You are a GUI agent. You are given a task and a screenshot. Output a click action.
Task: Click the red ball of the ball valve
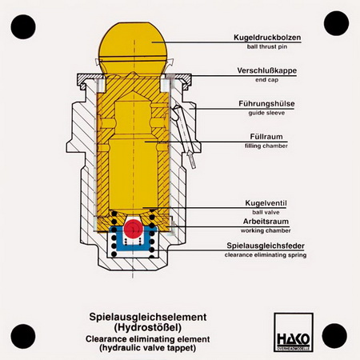[x=134, y=229]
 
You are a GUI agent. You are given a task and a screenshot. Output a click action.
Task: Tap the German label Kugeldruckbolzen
[x=267, y=38]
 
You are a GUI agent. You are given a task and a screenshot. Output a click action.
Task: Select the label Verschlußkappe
[x=267, y=70]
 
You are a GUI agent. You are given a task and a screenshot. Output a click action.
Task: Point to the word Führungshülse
[x=266, y=103]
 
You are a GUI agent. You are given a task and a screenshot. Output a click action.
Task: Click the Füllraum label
[x=266, y=137]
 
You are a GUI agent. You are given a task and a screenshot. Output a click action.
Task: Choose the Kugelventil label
[x=266, y=203]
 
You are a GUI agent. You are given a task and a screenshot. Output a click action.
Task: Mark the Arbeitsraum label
[x=266, y=222]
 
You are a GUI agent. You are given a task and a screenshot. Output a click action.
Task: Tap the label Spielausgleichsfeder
[x=266, y=246]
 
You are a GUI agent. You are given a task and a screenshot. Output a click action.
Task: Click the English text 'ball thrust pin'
[x=267, y=46]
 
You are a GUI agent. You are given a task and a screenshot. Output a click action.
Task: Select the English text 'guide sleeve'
[x=266, y=113]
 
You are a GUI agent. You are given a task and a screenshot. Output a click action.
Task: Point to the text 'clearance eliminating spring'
[x=266, y=255]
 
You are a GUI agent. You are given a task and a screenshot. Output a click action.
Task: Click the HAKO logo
[x=294, y=332]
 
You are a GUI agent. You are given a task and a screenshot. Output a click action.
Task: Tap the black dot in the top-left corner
[x=23, y=27]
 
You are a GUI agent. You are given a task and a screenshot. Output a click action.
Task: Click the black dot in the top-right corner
[x=336, y=23]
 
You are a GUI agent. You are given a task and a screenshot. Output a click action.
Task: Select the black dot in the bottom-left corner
[x=23, y=336]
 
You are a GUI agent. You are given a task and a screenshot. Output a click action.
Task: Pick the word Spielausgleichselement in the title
[x=148, y=317]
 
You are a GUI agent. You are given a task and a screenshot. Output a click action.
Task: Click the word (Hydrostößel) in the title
[x=148, y=327]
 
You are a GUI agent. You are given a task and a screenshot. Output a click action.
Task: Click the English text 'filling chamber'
[x=266, y=146]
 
